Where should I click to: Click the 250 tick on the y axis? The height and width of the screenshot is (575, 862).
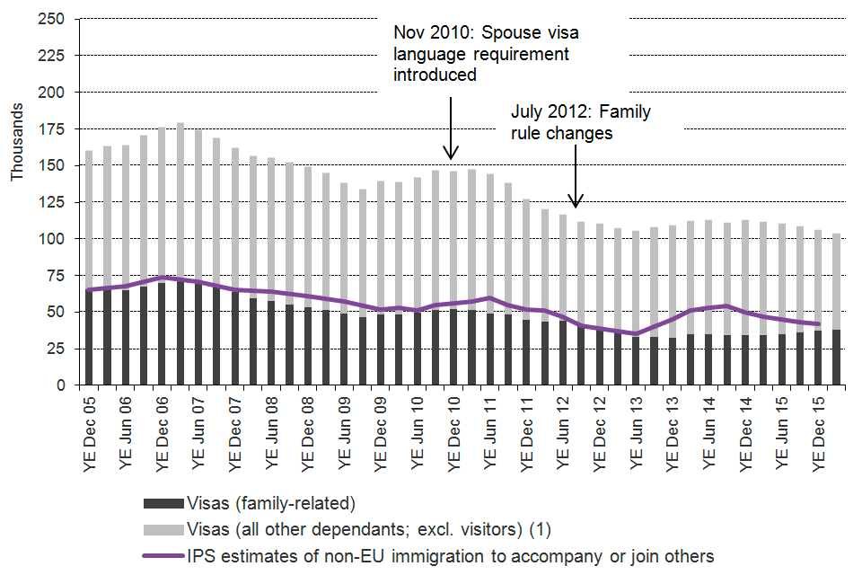click(51, 19)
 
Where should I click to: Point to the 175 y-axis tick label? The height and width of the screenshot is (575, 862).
click(51, 128)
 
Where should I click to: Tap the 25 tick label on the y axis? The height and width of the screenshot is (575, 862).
click(56, 348)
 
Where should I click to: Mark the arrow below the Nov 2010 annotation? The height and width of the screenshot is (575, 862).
click(451, 126)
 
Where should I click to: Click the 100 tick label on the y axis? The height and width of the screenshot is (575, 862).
click(51, 238)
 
